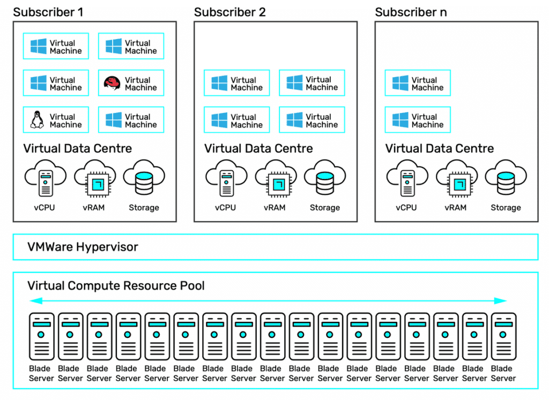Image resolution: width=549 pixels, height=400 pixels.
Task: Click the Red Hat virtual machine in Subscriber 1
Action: [131, 83]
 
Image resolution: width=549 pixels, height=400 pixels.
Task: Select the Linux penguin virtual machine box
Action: [56, 120]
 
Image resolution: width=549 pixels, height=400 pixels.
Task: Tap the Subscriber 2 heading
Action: [229, 12]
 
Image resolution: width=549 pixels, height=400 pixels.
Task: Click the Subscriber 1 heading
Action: [48, 12]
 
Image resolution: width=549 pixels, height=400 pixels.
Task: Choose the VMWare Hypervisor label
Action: [83, 247]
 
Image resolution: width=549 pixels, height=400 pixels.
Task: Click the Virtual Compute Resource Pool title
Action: [116, 285]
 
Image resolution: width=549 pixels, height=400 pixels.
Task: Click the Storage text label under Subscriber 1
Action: [144, 208]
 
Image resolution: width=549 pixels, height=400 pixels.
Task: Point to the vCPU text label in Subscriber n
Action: [406, 208]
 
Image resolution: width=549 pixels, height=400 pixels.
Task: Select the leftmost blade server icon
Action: [41, 336]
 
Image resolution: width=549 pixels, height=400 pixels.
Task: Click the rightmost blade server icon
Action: [503, 336]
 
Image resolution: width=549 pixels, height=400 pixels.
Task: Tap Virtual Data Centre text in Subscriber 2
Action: [258, 148]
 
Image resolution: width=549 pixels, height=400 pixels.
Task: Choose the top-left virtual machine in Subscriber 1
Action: [56, 47]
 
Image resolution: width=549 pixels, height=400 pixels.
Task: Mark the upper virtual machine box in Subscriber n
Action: [418, 83]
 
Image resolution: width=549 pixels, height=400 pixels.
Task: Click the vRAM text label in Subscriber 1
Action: [94, 208]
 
